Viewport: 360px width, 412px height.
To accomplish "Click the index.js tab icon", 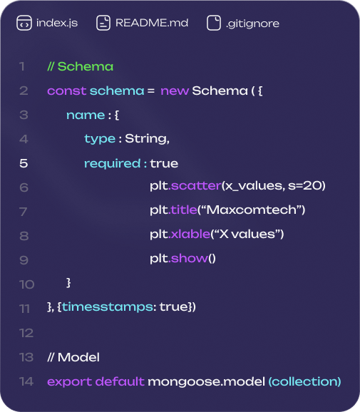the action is tap(24, 23).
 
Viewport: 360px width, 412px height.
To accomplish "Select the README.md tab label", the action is tap(152, 23).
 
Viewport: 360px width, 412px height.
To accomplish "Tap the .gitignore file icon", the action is tap(214, 23).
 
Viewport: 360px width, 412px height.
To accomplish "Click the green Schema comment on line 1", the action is tap(81, 66).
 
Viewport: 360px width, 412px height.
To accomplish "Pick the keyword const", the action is tap(67, 91).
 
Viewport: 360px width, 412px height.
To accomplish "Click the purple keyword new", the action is tap(175, 91).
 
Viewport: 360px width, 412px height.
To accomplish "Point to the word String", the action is tap(147, 139).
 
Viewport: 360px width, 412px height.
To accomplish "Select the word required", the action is tap(112, 164).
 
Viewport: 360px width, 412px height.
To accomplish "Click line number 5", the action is tap(24, 163).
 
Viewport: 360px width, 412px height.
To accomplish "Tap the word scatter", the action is tap(196, 186).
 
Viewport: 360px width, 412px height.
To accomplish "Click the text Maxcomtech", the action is tap(252, 210).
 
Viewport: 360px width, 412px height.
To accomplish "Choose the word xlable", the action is tap(190, 234).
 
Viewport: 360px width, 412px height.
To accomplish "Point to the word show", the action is tap(189, 258).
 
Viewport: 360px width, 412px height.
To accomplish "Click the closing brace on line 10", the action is tap(68, 283).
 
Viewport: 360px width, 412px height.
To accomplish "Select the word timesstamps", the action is tap(107, 307).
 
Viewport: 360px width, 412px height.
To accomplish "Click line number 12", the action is tap(26, 333).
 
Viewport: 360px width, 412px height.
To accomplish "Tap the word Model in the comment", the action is tap(78, 357).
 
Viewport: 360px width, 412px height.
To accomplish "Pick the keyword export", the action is tap(69, 382).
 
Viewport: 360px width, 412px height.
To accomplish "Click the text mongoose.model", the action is tap(206, 382).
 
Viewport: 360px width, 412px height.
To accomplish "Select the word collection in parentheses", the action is tap(304, 381).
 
